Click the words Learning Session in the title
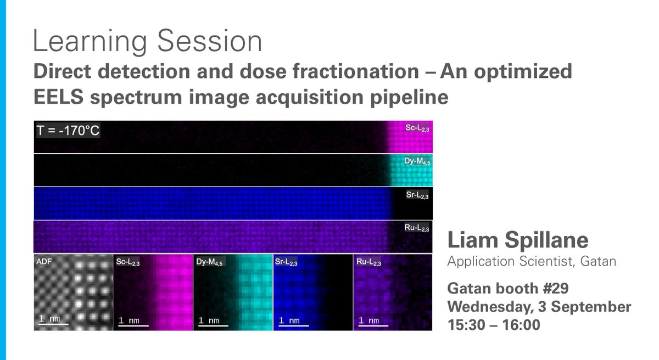click(147, 41)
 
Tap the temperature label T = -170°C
click(68, 130)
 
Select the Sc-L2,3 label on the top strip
click(417, 128)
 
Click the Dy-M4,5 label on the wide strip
click(417, 161)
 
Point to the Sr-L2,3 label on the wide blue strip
click(417, 195)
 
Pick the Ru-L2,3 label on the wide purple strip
click(417, 228)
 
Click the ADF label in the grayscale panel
click(44, 261)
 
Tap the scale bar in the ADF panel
click(54, 324)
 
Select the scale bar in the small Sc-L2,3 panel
click(133, 325)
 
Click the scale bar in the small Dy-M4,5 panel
click(213, 325)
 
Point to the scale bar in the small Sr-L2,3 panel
click(294, 325)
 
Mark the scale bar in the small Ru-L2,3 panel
click(373, 325)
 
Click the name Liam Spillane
click(518, 240)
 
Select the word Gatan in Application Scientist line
click(598, 261)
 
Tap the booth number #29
click(556, 288)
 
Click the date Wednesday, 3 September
click(539, 307)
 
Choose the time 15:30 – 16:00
click(494, 325)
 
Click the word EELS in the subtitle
click(59, 97)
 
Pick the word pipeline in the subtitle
click(409, 98)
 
